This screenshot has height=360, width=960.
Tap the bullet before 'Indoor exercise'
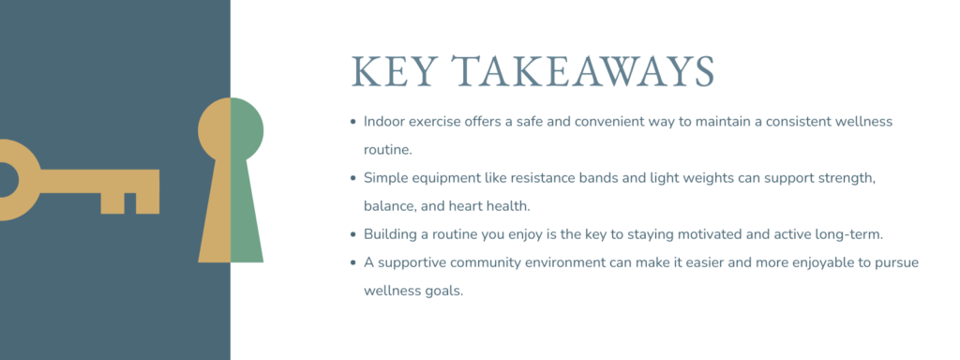[x=352, y=122]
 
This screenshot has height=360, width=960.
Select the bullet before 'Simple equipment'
[x=352, y=177]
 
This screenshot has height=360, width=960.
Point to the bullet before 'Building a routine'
[x=352, y=234]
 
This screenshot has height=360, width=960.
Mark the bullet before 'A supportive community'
[x=352, y=262]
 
